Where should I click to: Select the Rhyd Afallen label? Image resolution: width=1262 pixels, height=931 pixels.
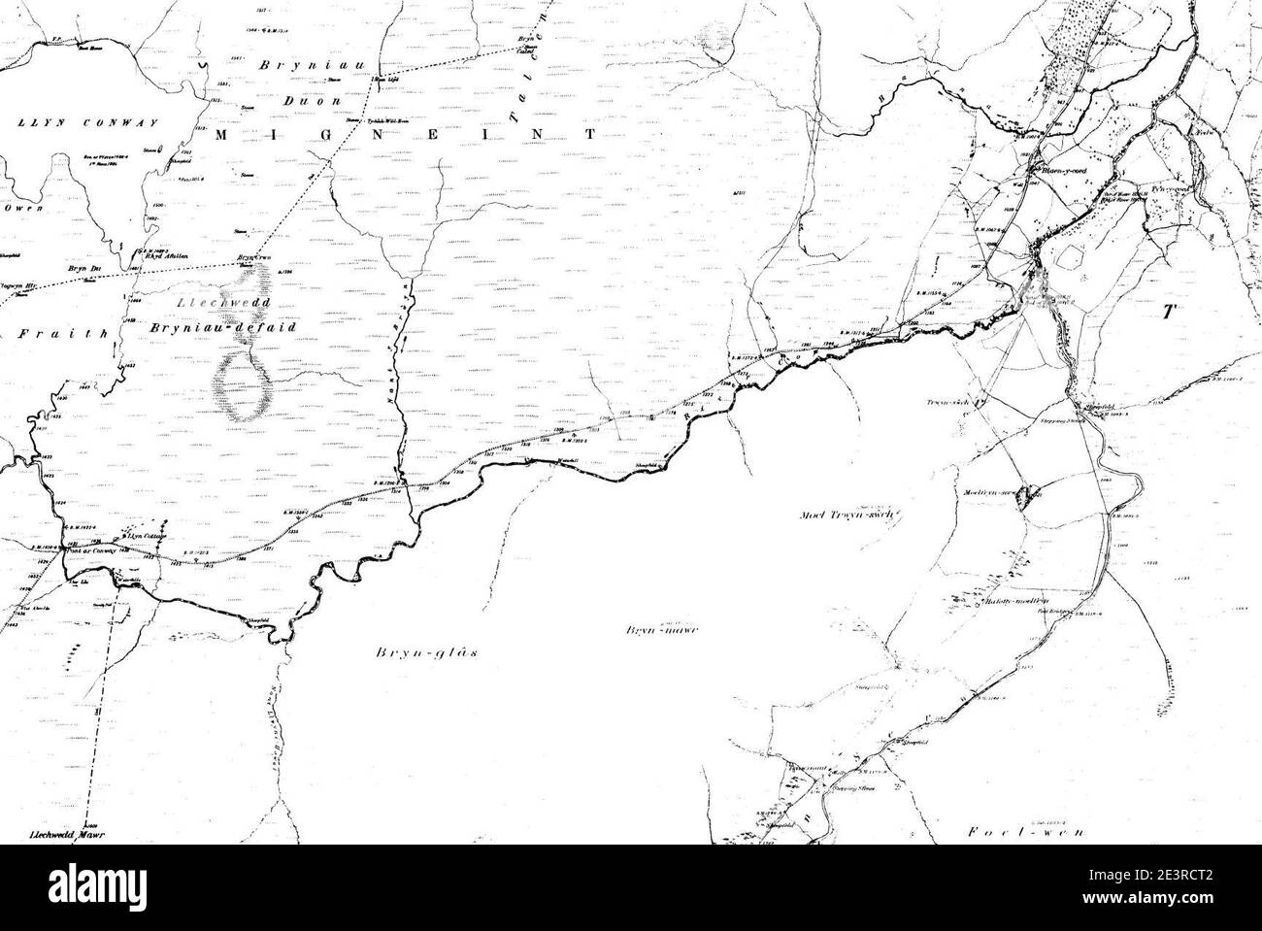pos(166,256)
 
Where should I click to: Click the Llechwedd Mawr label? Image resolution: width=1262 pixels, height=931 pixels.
pos(67,834)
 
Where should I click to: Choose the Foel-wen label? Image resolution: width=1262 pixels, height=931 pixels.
pos(1011,831)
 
